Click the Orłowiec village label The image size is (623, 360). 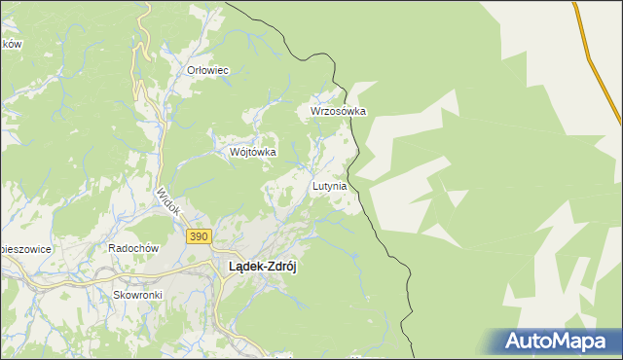(207, 70)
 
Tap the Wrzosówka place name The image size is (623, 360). (338, 111)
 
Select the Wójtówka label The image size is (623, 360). (252, 152)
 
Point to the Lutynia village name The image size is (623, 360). (329, 186)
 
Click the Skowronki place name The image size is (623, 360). (135, 293)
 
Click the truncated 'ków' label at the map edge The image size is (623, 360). (11, 44)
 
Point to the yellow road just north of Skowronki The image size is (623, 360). (136, 276)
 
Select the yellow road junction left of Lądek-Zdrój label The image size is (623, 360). (212, 266)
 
